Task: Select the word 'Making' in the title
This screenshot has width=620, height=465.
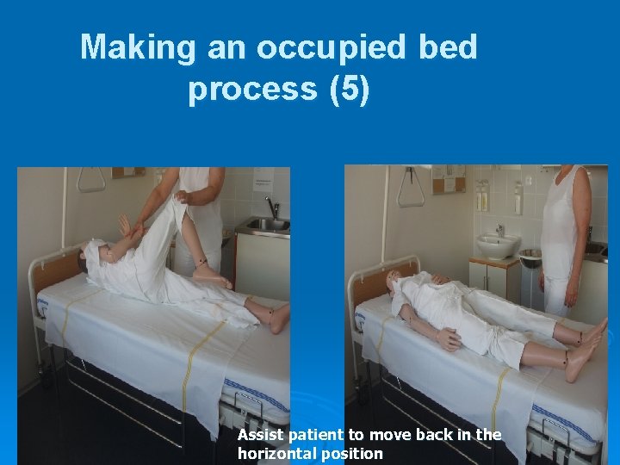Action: click(x=138, y=47)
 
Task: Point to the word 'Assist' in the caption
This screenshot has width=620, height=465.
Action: click(x=262, y=435)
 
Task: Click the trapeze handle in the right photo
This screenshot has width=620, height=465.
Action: click(x=411, y=189)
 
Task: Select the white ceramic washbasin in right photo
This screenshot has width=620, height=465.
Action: click(x=497, y=245)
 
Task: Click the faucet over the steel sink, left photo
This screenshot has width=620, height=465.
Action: click(x=272, y=208)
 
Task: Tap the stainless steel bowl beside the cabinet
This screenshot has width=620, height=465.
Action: click(x=530, y=257)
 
